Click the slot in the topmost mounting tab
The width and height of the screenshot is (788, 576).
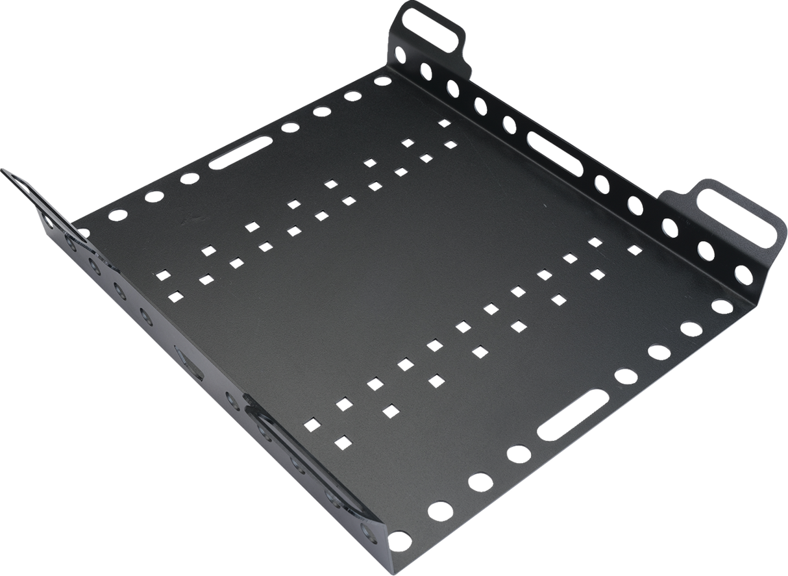(x=433, y=25)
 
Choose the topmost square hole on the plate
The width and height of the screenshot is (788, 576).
(x=444, y=123)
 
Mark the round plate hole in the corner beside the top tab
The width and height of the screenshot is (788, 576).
(x=382, y=82)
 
